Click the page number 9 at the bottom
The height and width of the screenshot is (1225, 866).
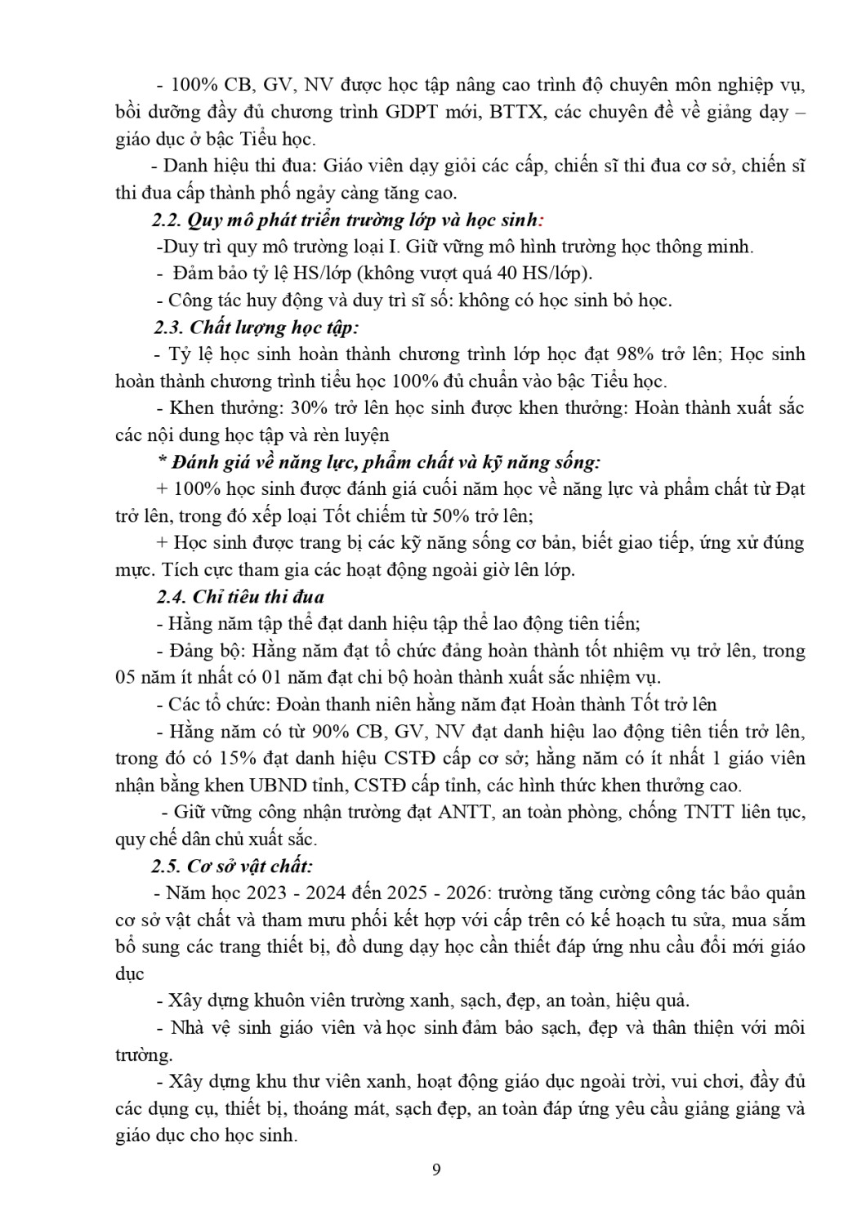(x=435, y=1169)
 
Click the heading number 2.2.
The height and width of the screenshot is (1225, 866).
(x=167, y=220)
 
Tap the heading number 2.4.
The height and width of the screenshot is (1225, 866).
(x=172, y=597)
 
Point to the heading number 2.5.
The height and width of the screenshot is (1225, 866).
(x=169, y=866)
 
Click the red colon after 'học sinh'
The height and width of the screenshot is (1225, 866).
(x=542, y=220)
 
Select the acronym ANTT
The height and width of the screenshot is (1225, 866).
(x=468, y=813)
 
